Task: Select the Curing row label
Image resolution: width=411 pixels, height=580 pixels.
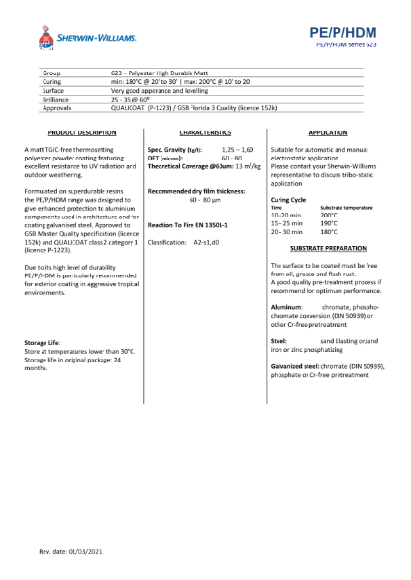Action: (x=53, y=82)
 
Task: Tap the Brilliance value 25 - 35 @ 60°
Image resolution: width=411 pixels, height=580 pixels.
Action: (x=132, y=100)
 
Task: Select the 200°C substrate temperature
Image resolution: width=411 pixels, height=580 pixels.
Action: (x=330, y=215)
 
